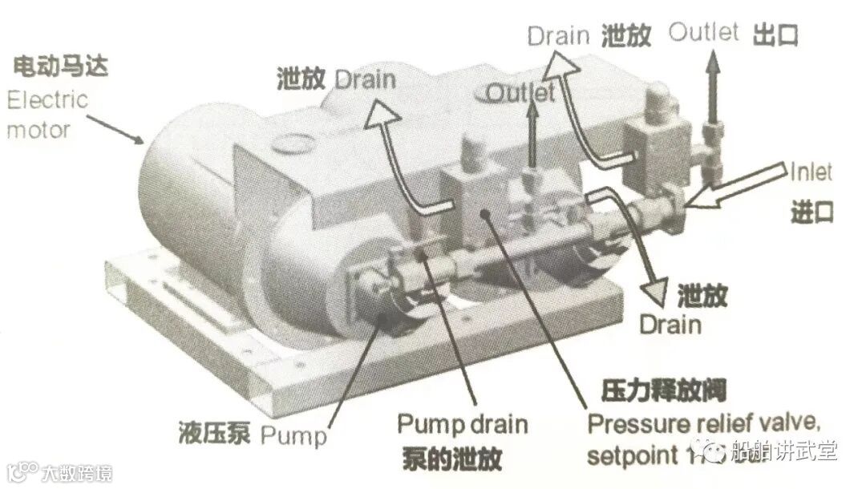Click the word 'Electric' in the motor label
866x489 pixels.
[x=47, y=101]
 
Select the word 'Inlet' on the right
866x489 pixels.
[x=811, y=172]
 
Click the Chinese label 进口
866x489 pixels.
[x=811, y=212]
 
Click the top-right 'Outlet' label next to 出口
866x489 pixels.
[x=703, y=33]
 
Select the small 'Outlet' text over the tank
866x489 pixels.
[x=520, y=93]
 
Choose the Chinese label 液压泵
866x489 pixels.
[x=216, y=435]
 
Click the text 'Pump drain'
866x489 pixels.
[x=463, y=423]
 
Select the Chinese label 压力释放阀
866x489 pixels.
[x=663, y=391]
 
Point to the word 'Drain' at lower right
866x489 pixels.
[x=670, y=325]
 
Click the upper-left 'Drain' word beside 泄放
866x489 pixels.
[x=365, y=79]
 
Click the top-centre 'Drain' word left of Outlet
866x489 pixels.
[x=558, y=36]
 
